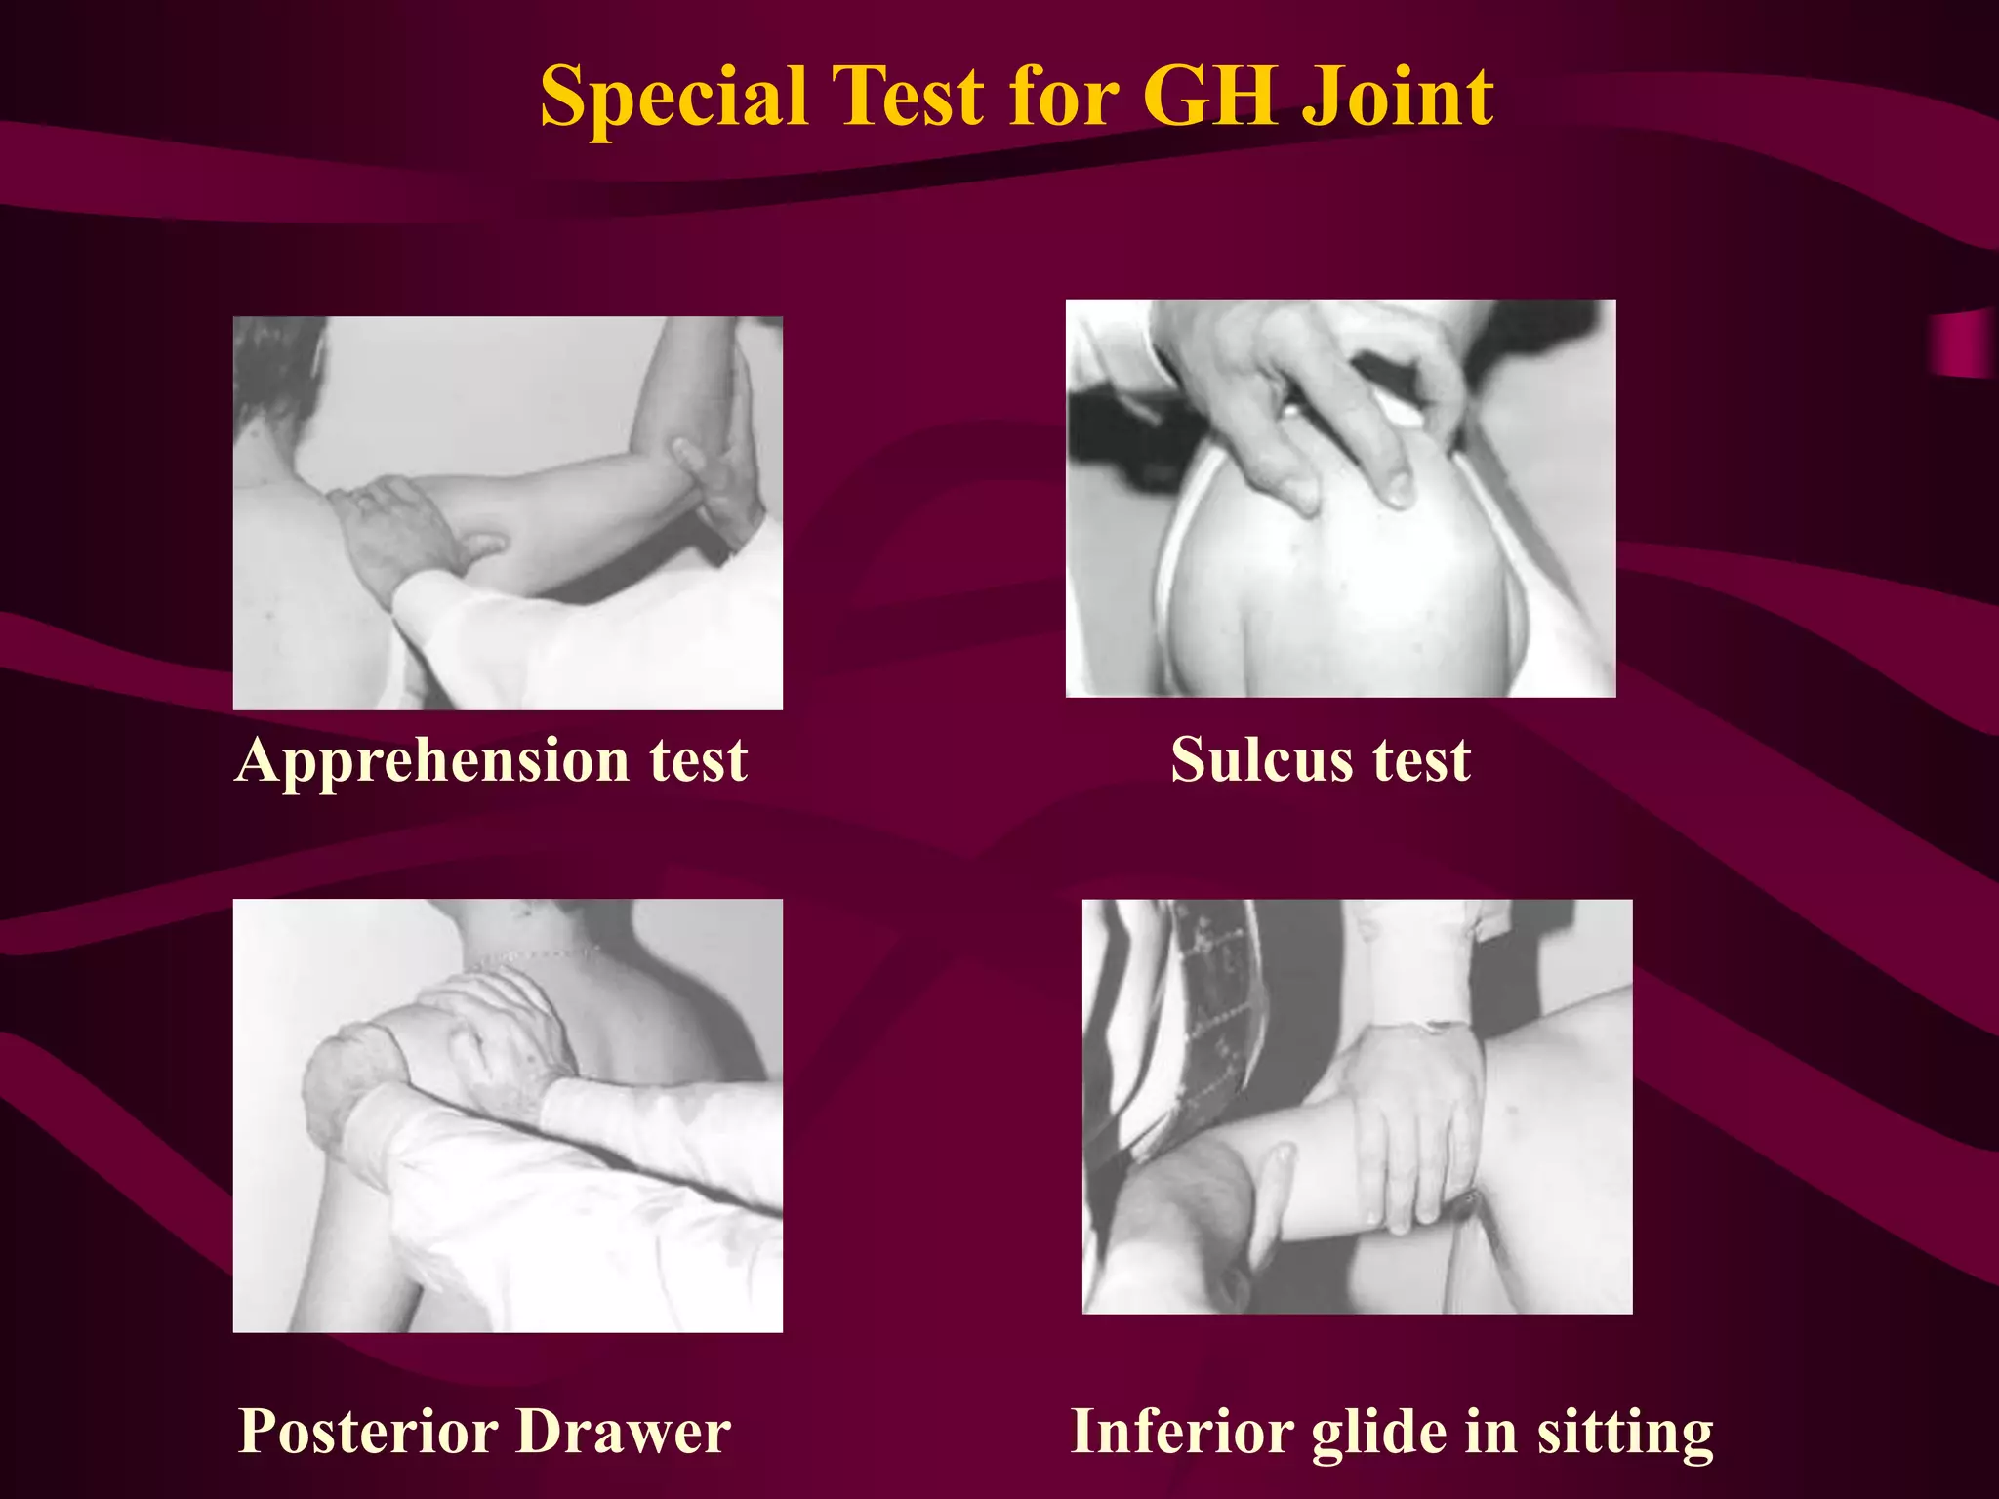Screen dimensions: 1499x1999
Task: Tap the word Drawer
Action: click(623, 1432)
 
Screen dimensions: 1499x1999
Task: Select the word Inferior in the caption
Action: click(1182, 1432)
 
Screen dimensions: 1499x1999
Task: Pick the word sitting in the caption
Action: click(1625, 1432)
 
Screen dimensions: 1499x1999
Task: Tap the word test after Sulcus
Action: click(1421, 760)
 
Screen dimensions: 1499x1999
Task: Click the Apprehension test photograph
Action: click(508, 512)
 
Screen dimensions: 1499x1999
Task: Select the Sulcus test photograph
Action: click(1340, 498)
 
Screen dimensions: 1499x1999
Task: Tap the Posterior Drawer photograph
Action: click(508, 1115)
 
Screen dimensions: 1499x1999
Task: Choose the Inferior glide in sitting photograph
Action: click(1357, 1106)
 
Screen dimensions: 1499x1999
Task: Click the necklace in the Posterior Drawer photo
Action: click(532, 957)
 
